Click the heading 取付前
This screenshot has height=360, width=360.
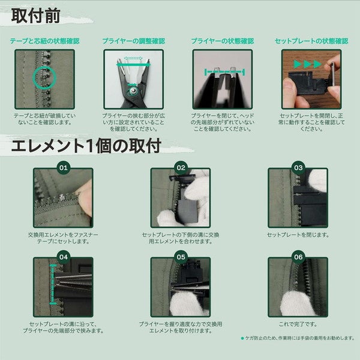36,16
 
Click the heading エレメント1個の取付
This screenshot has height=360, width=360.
86,146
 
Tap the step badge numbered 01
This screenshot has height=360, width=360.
64,167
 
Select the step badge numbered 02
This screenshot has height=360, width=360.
181,167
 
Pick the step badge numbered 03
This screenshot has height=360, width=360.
298,167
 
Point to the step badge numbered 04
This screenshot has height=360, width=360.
64,257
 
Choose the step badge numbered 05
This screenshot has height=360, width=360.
181,257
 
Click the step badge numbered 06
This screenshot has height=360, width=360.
298,257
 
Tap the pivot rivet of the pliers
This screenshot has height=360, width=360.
133,91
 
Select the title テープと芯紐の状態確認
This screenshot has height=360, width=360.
45,41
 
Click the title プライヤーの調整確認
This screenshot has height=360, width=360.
134,41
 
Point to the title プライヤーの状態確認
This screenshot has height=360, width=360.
223,41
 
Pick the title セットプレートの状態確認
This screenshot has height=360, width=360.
311,41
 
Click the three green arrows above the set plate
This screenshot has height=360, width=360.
307,64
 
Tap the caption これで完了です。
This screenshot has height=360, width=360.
298,324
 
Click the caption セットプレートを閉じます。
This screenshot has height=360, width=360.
298,235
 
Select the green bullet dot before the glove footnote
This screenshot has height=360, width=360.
242,338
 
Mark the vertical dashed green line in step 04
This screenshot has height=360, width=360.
53,284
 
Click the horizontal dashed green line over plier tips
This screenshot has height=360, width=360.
224,72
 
